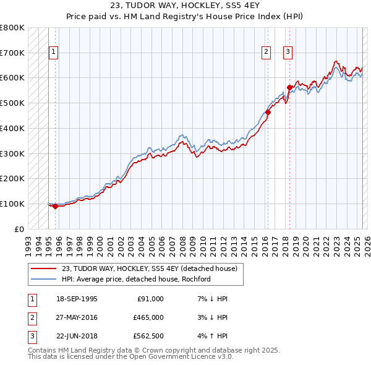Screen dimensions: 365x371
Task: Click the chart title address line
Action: point(185,7)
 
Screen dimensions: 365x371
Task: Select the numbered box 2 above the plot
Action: point(267,53)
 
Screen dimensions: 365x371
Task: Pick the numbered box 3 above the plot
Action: point(288,53)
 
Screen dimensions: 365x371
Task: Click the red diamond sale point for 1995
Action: point(55,207)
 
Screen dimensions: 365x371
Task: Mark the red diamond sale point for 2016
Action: point(268,112)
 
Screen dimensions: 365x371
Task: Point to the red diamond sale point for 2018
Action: point(289,87)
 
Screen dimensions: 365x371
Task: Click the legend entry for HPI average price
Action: point(136,279)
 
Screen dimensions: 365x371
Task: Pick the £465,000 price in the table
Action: point(148,317)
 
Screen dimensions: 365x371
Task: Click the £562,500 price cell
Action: point(148,336)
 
